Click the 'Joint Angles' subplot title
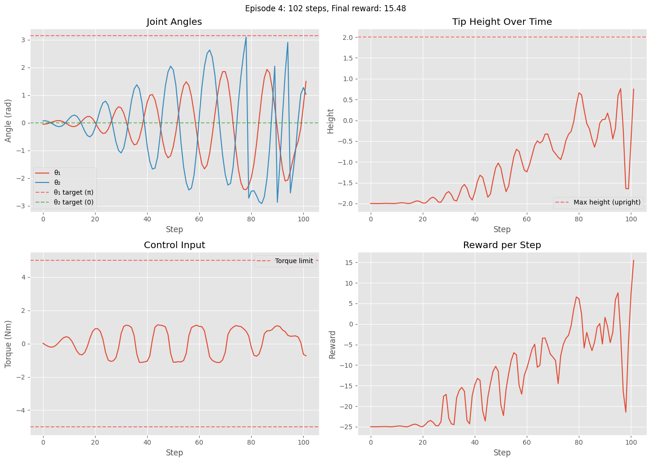click(174, 22)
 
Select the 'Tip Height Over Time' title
click(501, 22)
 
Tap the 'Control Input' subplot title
click(174, 245)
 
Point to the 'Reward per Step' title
click(501, 245)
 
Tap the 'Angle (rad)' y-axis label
click(8, 120)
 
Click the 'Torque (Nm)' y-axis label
click(8, 343)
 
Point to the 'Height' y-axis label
click(331, 121)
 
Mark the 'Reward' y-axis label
click(333, 344)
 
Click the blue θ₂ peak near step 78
click(246, 37)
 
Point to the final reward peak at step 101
click(633, 260)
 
